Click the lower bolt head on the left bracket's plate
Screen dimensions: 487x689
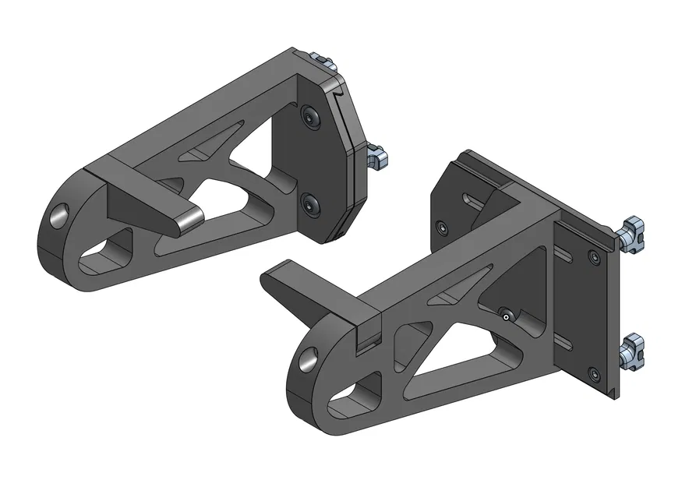pyautogui.click(x=313, y=206)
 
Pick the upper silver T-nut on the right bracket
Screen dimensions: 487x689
pyautogui.click(x=634, y=234)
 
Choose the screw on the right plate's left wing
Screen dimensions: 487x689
pyautogui.click(x=443, y=228)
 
